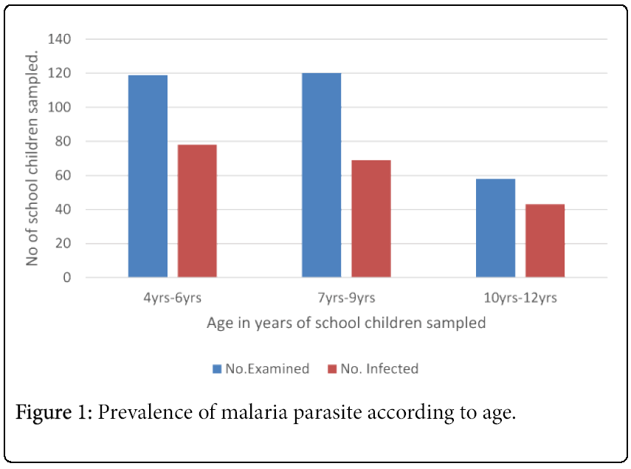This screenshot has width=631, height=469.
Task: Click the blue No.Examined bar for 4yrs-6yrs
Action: pos(148,177)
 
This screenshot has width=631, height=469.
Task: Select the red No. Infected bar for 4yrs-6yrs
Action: pos(197,211)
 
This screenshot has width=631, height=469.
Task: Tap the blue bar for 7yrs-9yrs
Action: pos(322,176)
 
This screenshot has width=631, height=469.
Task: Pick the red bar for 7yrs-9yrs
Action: pos(371,219)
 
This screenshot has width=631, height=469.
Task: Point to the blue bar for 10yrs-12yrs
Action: pos(495,228)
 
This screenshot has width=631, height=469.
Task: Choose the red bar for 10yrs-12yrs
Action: pos(545,241)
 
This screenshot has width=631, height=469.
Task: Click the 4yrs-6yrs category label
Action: pos(172,298)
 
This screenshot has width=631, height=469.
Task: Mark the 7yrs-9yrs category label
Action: pos(346,298)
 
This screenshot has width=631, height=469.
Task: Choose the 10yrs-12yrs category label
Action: pos(520,298)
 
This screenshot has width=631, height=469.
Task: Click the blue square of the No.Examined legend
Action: pos(217,369)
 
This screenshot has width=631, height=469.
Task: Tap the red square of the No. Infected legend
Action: pos(332,369)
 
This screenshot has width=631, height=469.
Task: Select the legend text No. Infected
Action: pos(379,369)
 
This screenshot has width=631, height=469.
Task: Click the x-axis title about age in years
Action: pos(346,323)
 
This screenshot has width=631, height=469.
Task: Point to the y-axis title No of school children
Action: pos(32,159)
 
